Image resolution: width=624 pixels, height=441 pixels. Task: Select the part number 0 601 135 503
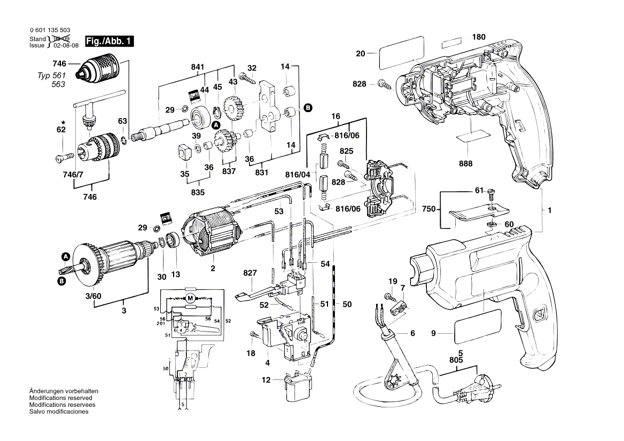pos(50,31)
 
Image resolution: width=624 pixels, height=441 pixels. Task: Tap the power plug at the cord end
pos(470,389)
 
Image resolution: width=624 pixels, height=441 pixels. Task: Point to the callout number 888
pos(465,164)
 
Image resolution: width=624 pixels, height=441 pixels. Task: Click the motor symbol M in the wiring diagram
pos(190,298)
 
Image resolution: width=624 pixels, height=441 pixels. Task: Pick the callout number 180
pos(479,37)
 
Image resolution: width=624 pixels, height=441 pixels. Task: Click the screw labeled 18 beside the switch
pos(254,334)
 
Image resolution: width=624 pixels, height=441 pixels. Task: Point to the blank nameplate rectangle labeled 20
pos(402,53)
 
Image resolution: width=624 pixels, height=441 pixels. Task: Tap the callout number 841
pos(198,67)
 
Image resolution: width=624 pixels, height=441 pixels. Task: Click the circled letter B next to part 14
pos(308,108)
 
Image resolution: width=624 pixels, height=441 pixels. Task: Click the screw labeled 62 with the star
pos(63,157)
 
